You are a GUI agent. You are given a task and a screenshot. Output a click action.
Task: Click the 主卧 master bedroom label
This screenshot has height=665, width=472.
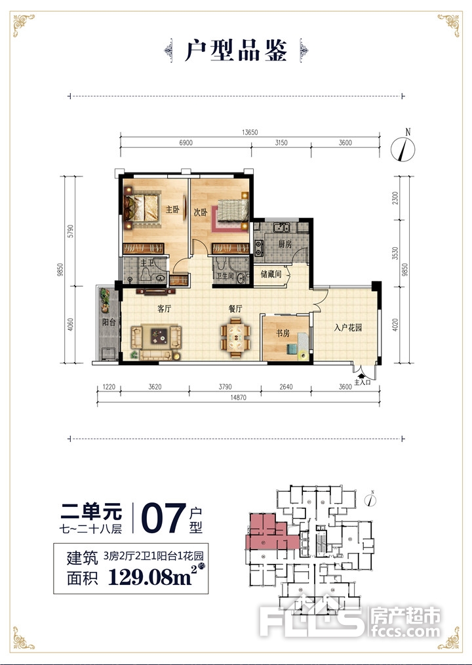coord(172,209)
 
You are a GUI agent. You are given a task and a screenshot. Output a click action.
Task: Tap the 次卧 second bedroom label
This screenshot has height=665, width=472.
coord(201,212)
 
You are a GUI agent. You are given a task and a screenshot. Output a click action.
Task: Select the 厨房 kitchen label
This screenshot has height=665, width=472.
coord(285,244)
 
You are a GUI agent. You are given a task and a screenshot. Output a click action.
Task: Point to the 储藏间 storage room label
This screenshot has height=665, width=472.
coord(271,274)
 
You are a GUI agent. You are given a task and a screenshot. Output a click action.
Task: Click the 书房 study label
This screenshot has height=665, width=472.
coord(283,333)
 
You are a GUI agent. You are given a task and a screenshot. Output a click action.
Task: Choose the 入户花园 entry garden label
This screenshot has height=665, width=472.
coord(347,327)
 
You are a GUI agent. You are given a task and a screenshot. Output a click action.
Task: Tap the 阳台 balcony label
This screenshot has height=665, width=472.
coord(109,323)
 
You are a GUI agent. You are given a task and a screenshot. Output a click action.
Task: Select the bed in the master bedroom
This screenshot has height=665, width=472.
coord(143,208)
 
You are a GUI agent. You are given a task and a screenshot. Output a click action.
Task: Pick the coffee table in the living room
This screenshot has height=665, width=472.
coord(161,336)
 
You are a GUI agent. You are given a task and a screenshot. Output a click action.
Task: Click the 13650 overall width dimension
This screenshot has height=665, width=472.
coord(250,132)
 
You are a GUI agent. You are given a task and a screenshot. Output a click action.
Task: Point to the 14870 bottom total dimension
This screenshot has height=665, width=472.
coord(239,398)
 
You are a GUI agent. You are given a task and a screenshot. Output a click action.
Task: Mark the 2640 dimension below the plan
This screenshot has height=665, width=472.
coord(286,387)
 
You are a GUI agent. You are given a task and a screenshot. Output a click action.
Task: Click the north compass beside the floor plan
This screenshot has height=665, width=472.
coord(403,149)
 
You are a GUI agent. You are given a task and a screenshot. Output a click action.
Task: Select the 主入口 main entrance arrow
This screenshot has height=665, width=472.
coord(361,374)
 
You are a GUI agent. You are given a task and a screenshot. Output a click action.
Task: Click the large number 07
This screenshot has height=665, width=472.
coord(163,518)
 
